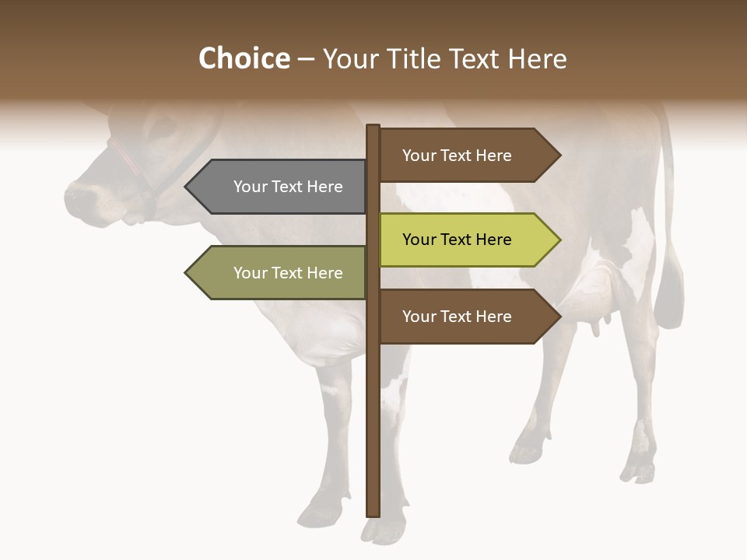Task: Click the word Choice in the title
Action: (244, 58)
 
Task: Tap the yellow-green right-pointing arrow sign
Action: (467, 240)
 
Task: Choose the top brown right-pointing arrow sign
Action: (467, 156)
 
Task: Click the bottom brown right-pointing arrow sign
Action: (467, 317)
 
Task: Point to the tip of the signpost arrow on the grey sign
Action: (188, 187)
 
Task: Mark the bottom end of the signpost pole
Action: (373, 513)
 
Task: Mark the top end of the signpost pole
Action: (373, 127)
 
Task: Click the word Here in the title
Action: (537, 58)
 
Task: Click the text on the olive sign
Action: (288, 273)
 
